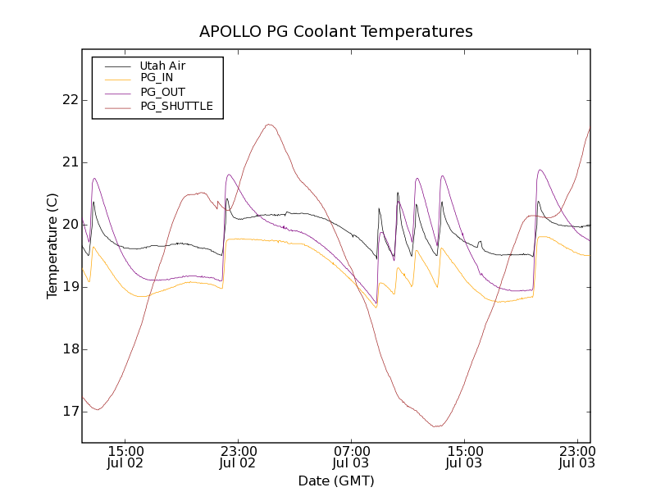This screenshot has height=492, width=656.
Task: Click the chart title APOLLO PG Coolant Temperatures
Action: tap(336, 32)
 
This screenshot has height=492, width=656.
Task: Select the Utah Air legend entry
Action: tap(162, 66)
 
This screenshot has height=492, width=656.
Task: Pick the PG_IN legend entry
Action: tap(157, 78)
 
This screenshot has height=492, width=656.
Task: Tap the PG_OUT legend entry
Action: tap(162, 92)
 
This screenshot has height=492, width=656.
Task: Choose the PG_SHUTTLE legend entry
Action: tap(176, 106)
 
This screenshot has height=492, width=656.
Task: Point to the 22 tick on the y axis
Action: tap(69, 100)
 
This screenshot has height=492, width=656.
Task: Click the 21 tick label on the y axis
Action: tap(69, 162)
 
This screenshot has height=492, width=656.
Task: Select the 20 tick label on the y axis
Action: tap(69, 225)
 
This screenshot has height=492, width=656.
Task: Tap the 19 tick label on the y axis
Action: tap(69, 287)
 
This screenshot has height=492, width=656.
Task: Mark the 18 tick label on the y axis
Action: tap(69, 349)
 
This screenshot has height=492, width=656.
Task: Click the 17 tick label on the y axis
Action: tap(69, 412)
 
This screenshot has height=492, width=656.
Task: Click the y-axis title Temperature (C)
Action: tap(52, 246)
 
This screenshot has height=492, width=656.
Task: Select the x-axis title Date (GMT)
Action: tap(336, 481)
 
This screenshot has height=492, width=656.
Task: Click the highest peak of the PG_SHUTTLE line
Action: tap(269, 125)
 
